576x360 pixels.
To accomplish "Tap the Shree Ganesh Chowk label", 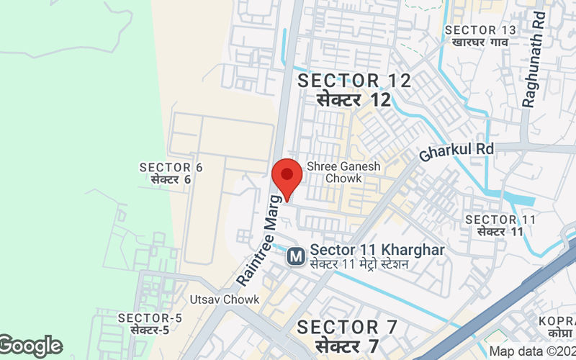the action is tap(343, 171).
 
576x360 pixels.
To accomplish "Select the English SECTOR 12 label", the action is tap(355, 81).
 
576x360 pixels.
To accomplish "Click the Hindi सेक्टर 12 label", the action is tap(355, 99).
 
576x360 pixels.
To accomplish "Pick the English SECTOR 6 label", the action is tap(171, 168).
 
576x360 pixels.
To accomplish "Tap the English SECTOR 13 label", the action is tap(481, 30).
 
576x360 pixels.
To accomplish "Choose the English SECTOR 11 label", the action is tap(501, 220).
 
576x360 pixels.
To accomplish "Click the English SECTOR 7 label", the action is tap(348, 328).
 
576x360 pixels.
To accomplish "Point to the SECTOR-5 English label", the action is tap(150, 318).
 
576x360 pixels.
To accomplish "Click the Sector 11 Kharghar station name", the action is tap(377, 250).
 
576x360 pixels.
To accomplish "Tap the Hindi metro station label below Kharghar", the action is tap(359, 264).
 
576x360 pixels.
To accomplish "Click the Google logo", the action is tap(31, 346).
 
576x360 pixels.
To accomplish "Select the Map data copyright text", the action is tap(532, 351).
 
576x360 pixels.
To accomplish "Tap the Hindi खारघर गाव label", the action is tap(481, 42).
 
